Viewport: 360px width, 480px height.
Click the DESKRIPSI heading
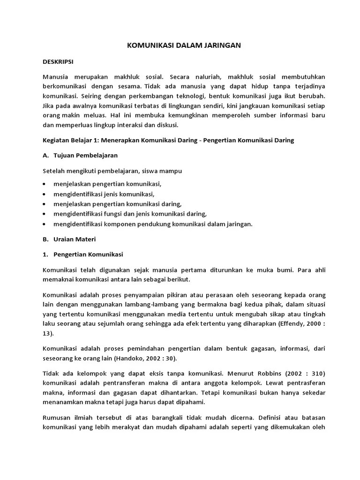58,61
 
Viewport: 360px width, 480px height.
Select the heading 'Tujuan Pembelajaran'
85,155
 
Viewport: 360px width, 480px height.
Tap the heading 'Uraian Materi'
75,239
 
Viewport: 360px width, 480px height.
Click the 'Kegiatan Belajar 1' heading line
168,141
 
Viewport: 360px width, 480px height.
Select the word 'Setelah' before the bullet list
54,171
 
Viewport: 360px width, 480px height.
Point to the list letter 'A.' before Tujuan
45,155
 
